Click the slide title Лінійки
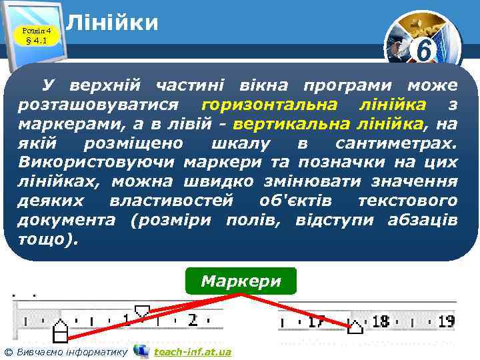[x=113, y=23]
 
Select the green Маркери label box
[x=241, y=281]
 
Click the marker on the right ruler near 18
[x=356, y=326]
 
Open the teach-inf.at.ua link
[x=192, y=351]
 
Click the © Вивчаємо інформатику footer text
[x=65, y=351]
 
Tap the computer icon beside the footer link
[x=141, y=351]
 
